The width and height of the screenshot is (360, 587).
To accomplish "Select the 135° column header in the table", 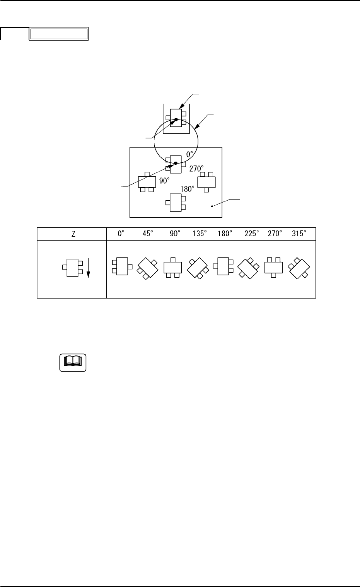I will pos(200,234).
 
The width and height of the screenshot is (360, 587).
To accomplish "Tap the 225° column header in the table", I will pos(252,234).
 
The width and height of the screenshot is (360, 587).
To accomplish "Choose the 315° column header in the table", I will pos(300,234).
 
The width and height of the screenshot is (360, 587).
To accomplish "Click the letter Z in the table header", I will pos(72,234).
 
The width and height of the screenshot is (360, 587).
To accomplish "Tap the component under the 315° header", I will pos(300,268).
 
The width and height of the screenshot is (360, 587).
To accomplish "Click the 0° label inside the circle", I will pos(190,154).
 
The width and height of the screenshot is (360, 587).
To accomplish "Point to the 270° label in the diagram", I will pos(196,169).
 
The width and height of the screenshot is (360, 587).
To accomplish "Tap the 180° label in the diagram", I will pos(188,189).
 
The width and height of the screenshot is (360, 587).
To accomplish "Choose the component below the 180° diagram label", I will pos(176,203).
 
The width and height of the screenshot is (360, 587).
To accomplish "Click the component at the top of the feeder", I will pos(176,116).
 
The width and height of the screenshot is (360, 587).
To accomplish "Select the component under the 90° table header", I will pos(173,267).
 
